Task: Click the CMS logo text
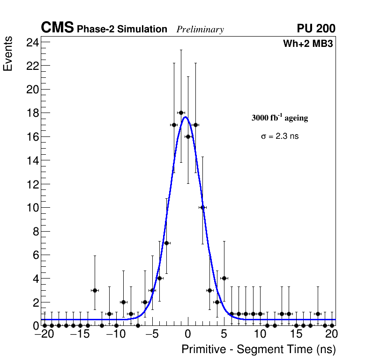click(57, 28)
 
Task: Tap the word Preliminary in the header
click(200, 30)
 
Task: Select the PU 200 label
click(316, 29)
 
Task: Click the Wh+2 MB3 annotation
click(308, 44)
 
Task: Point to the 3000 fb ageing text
click(280, 118)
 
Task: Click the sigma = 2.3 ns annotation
click(280, 136)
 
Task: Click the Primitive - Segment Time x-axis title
click(258, 349)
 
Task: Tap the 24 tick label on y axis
click(32, 42)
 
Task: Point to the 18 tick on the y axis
click(32, 113)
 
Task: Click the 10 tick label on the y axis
click(32, 208)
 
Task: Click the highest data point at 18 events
click(181, 113)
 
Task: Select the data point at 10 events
click(202, 207)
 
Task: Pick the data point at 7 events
click(166, 243)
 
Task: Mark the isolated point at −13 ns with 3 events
click(95, 290)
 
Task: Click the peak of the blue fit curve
click(186, 117)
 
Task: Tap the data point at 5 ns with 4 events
click(224, 278)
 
